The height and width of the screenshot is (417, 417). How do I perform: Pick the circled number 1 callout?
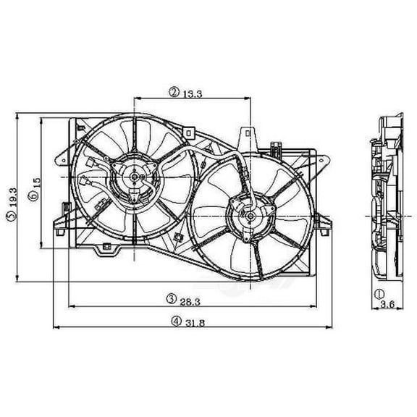click(379, 293)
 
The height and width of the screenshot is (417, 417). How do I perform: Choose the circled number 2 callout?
click(174, 92)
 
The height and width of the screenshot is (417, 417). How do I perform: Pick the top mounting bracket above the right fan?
click(247, 135)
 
